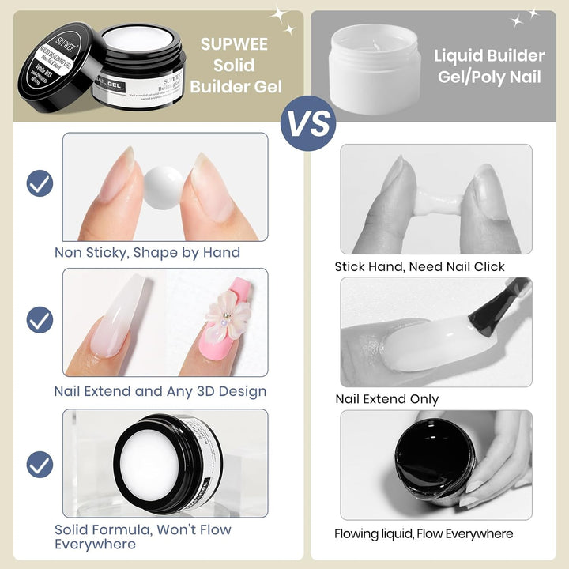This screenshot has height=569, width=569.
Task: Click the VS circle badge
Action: point(308,123)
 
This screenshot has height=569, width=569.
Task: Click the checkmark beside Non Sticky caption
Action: point(40,183)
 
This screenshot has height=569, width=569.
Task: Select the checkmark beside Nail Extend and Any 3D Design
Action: point(40,320)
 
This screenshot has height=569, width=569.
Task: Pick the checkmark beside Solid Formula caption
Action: point(40,464)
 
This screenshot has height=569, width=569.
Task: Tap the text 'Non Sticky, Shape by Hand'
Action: point(147,253)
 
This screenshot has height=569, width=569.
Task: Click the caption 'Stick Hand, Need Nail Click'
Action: point(419,267)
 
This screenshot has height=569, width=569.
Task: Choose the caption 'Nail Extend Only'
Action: point(386,399)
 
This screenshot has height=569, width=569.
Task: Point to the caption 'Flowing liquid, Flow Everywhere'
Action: point(423,534)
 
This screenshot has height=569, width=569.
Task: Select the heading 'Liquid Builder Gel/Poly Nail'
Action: point(488,66)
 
